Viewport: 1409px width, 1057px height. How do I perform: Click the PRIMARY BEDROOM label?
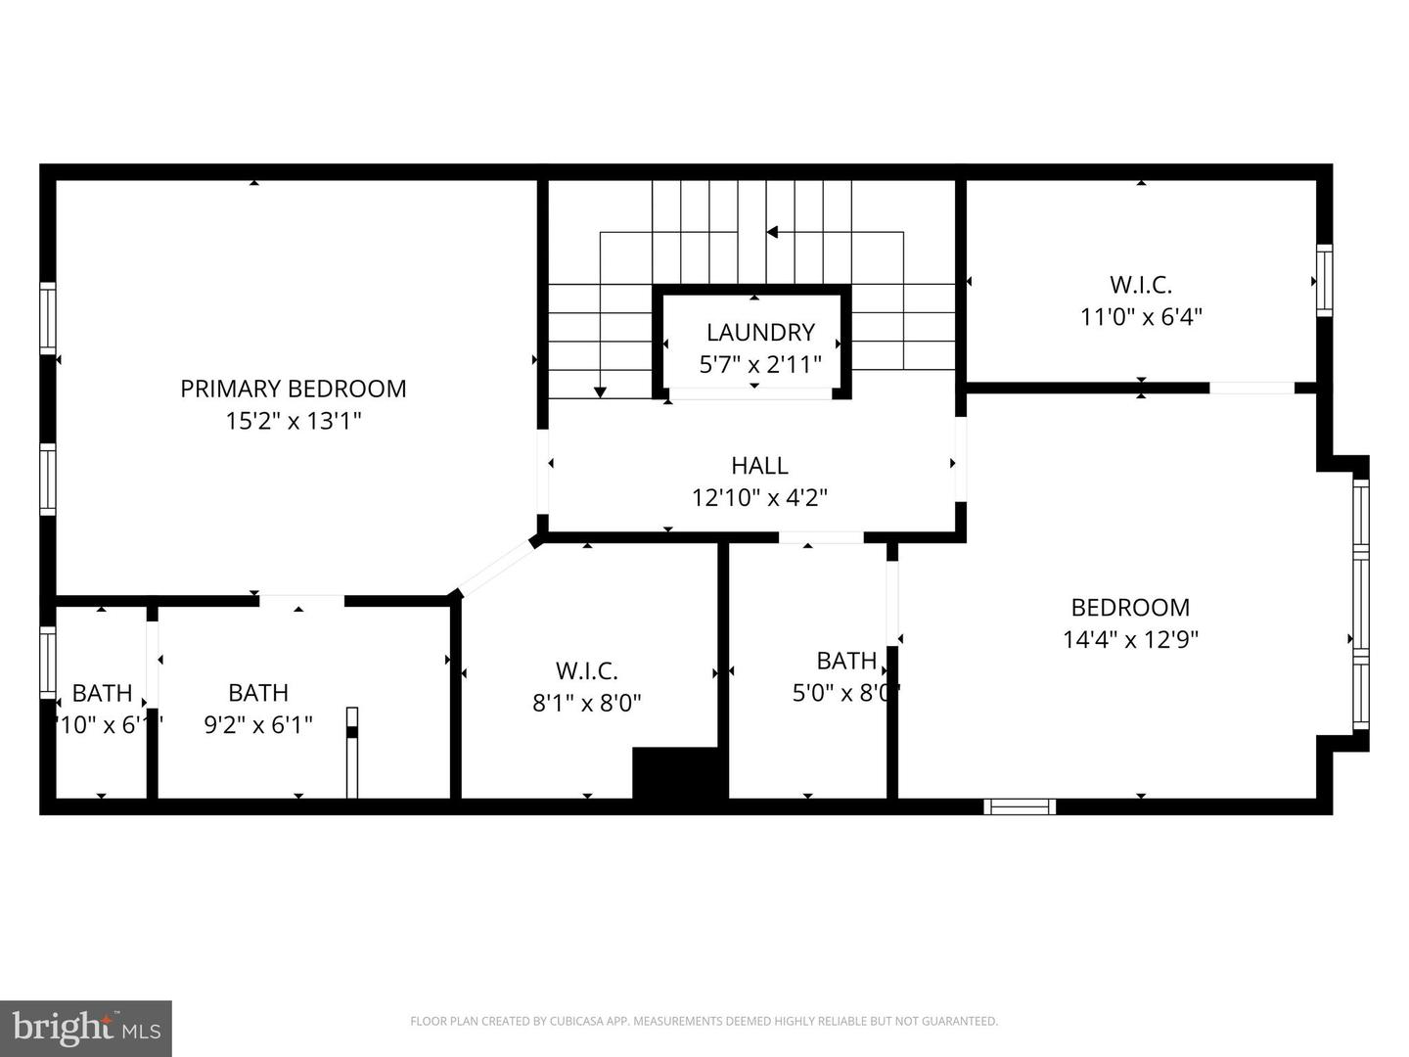[293, 389]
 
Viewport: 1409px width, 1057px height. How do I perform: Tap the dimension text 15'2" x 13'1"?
[293, 421]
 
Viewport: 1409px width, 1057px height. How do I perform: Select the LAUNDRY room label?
[760, 332]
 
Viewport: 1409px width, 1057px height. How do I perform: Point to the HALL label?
[759, 465]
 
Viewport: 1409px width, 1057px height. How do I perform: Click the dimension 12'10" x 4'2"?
[759, 497]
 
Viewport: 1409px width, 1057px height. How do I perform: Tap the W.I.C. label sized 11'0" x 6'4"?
[1140, 285]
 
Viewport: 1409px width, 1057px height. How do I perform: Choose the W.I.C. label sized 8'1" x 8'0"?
[586, 670]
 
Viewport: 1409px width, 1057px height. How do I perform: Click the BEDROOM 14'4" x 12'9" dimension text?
[1130, 639]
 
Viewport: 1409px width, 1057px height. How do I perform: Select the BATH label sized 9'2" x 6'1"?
[258, 693]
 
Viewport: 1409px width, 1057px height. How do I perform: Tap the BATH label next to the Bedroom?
[846, 661]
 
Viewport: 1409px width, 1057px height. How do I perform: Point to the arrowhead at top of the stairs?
[772, 232]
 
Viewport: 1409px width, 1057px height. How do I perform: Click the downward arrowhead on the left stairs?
[600, 391]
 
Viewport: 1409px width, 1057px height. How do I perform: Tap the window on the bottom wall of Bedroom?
[1020, 806]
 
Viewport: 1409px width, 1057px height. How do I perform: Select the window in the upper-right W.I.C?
[1324, 280]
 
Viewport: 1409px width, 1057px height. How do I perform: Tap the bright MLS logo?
[86, 1028]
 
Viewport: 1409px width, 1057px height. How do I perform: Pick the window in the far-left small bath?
[47, 662]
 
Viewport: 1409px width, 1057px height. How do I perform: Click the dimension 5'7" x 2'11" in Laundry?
[760, 364]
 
